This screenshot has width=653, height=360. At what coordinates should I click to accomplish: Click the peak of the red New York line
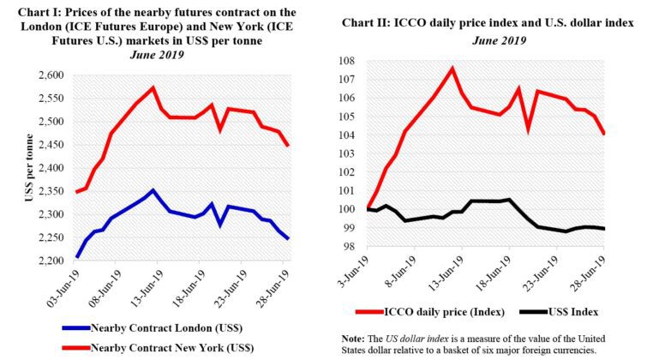click(x=153, y=87)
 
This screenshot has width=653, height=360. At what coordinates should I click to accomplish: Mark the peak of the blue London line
click(x=153, y=190)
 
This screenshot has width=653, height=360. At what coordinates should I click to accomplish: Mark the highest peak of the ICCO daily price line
click(x=452, y=69)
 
